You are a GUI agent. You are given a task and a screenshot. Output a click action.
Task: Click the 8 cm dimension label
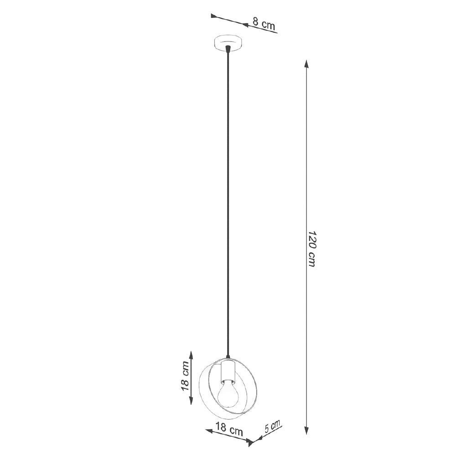(x=264, y=24)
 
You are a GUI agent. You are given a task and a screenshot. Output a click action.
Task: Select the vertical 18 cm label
(x=185, y=376)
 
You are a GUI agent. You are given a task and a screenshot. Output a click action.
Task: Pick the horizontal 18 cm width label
(x=229, y=429)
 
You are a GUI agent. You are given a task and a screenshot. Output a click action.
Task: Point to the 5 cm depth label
(x=273, y=426)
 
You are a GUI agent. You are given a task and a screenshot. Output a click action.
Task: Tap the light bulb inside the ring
(x=228, y=395)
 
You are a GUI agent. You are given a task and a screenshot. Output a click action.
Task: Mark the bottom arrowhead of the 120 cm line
(x=306, y=430)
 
